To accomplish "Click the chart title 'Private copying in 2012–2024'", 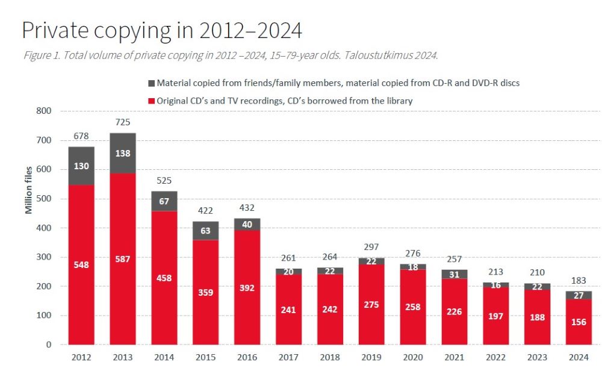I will coord(161,30).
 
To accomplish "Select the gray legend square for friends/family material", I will coord(150,83).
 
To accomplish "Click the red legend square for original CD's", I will coord(150,101).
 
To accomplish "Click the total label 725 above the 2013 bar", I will coord(122,122).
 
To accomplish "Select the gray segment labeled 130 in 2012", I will coord(81,166).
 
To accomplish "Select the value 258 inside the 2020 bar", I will coord(412,307).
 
